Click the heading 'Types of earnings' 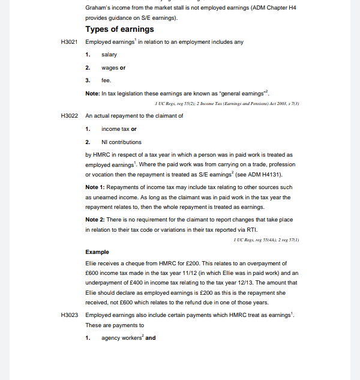(x=119, y=29)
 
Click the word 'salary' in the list (x=109, y=55)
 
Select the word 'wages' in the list (x=110, y=68)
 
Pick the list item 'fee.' (x=106, y=80)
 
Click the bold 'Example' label (x=97, y=252)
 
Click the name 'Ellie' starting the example (x=92, y=264)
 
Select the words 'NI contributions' (x=121, y=142)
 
